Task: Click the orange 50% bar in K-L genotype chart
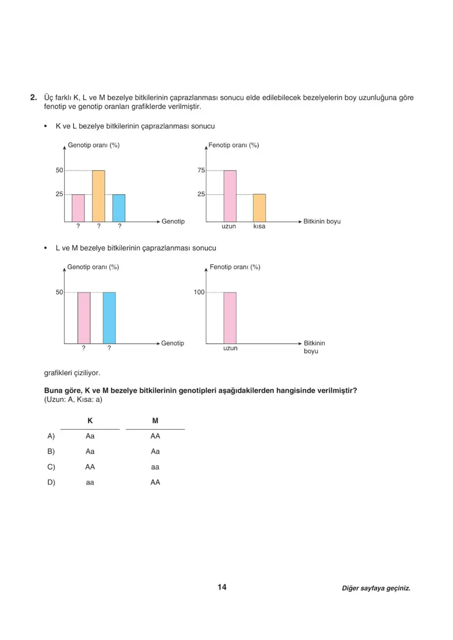(x=98, y=196)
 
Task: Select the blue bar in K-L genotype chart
(x=119, y=208)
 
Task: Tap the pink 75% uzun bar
(x=230, y=196)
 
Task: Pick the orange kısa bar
(x=259, y=208)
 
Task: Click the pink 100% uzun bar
(x=230, y=317)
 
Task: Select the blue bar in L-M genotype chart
(x=109, y=317)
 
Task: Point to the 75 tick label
(x=201, y=171)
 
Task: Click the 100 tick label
(x=199, y=292)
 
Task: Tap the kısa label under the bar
(x=259, y=227)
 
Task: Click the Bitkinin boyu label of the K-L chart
(x=322, y=222)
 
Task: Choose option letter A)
(x=51, y=436)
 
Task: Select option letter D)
(x=51, y=482)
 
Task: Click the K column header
(x=90, y=421)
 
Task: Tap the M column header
(x=155, y=421)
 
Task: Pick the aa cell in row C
(x=155, y=467)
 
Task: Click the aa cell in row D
(x=90, y=482)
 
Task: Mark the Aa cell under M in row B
(x=155, y=451)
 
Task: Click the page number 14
(x=222, y=587)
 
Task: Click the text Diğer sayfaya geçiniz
(x=376, y=588)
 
